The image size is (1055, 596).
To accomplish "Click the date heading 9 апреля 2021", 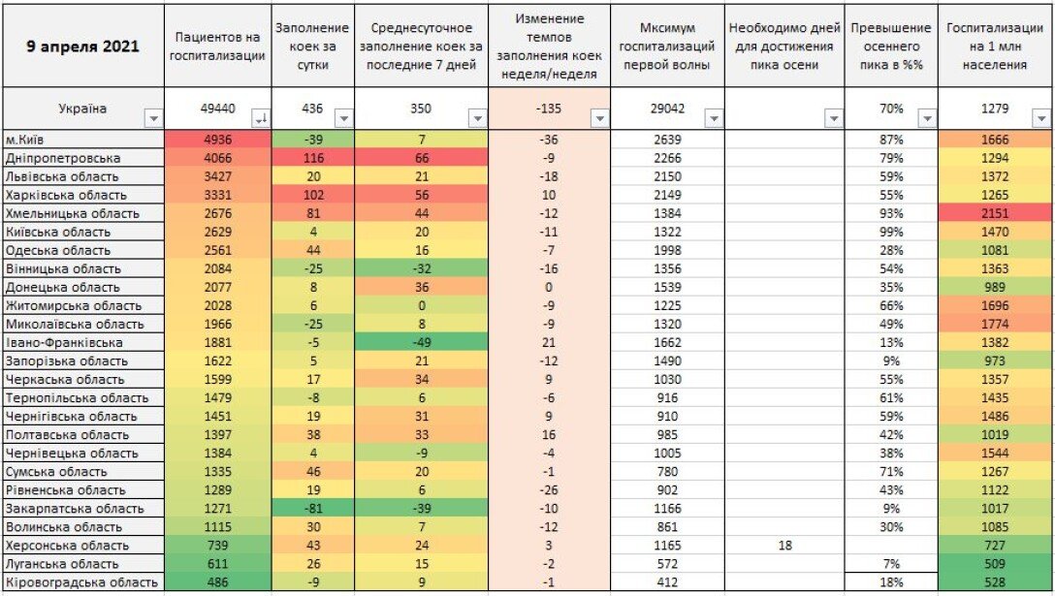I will [82, 47].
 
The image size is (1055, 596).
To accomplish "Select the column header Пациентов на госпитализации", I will [217, 47].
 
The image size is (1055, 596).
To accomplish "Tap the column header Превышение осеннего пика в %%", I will [891, 47].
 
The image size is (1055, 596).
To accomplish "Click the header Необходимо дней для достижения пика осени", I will [784, 47].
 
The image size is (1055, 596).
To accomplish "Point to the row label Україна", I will [82, 109].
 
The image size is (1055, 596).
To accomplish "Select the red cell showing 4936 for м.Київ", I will [217, 140].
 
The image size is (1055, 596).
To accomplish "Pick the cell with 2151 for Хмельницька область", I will [995, 213].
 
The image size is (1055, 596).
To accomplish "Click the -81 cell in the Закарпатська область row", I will [311, 508].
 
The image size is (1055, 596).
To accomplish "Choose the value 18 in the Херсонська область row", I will [784, 545].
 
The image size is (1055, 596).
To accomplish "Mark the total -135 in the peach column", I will [550, 109].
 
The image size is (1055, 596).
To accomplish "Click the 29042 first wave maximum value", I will [668, 109].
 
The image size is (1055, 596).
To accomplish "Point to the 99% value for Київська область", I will [891, 232].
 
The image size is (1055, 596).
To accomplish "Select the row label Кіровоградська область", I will [81, 582].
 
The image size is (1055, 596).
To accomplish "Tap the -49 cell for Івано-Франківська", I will [419, 342].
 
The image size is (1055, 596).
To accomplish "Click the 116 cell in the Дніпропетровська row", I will [311, 158].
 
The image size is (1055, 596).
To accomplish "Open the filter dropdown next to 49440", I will [259, 118].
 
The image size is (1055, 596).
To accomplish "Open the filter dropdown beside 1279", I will [1040, 118].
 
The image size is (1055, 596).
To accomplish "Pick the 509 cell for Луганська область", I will [995, 563].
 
